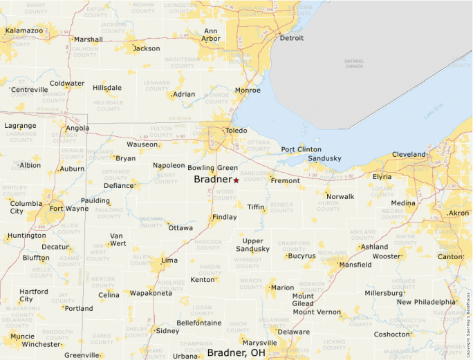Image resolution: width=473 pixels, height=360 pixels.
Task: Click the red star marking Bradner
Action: (236, 180)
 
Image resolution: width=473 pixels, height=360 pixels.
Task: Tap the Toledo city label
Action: (236, 130)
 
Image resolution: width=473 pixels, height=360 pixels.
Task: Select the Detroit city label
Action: (291, 38)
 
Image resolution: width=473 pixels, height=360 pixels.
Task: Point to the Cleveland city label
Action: (409, 154)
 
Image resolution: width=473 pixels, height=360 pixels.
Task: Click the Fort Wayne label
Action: (68, 209)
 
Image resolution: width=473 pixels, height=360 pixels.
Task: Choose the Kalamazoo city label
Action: (24, 30)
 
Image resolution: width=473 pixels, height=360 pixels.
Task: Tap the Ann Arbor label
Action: (212, 35)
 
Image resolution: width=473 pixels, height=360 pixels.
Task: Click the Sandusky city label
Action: (324, 158)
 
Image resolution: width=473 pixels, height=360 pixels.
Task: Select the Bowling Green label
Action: (212, 168)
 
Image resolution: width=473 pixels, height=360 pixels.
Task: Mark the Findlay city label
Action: (224, 217)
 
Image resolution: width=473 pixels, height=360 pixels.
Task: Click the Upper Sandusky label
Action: (252, 245)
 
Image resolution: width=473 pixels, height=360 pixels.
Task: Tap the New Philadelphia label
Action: (426, 302)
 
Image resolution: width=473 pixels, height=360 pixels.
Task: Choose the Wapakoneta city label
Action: (151, 293)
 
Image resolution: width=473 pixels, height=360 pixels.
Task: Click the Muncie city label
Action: (22, 337)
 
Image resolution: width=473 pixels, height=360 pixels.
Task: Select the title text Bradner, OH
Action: (236, 353)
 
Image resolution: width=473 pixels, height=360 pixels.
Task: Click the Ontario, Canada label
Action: (354, 64)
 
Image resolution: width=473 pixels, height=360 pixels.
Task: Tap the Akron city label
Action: (458, 214)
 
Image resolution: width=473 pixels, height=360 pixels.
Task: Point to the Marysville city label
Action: (260, 343)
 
